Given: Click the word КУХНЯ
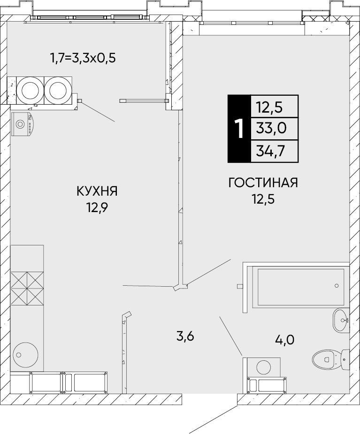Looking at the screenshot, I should click(97, 191).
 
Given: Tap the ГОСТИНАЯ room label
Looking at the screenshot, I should click(263, 183).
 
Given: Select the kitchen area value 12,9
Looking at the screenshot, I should click(97, 207).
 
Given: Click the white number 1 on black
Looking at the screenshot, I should click(239, 129).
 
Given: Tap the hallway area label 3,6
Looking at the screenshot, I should click(185, 336).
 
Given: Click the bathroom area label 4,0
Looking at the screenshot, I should click(284, 339).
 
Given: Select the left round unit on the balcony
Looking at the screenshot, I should click(30, 90).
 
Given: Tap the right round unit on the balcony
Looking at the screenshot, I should click(58, 90).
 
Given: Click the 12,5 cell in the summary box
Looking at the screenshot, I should click(269, 107).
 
